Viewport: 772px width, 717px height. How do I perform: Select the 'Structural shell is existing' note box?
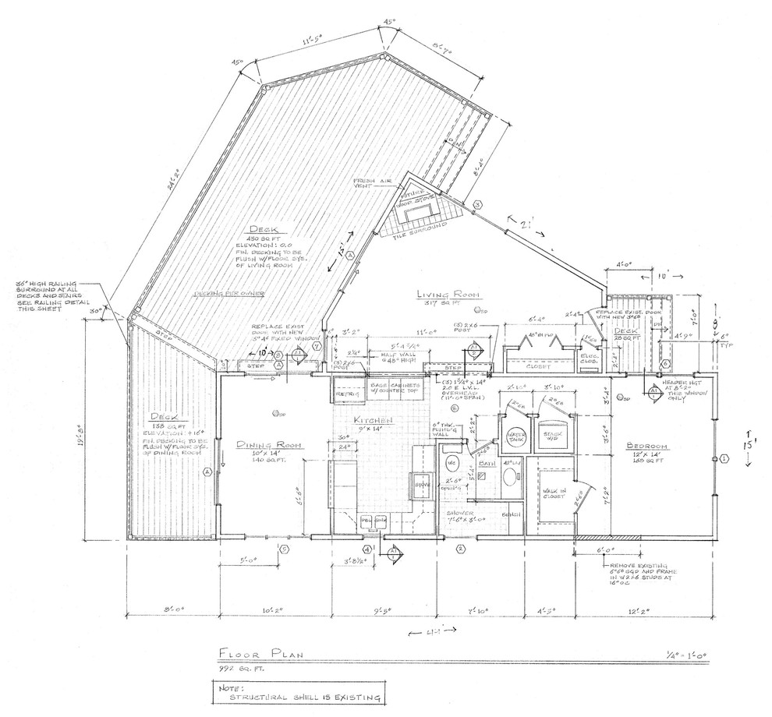coord(299,693)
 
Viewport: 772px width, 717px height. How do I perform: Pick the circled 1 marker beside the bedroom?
coord(723,461)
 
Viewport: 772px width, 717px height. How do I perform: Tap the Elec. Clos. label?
coord(590,357)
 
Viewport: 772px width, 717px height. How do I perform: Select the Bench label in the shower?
coord(512,515)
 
